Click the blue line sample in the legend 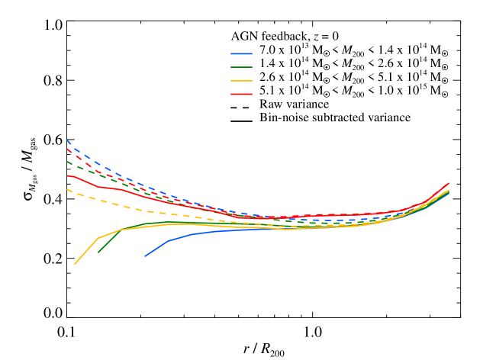241,54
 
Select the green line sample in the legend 241,67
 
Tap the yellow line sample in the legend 241,81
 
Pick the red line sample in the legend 241,94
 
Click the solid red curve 122,190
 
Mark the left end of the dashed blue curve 68,140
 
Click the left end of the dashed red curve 68,149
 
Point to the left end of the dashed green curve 68,162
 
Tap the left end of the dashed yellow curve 68,189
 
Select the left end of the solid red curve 68,176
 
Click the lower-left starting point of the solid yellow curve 75,264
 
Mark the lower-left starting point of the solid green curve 98,252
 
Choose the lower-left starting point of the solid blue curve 145,256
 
